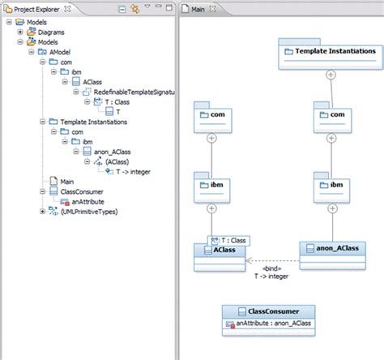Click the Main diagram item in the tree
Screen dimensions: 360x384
pyautogui.click(x=66, y=182)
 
